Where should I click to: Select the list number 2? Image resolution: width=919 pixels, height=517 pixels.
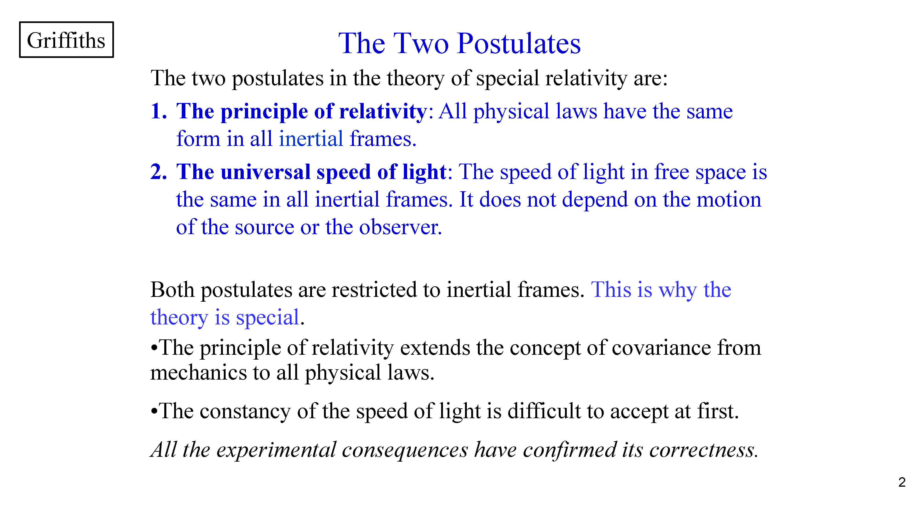coord(158,172)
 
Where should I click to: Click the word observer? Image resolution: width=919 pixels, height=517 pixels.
coord(400,227)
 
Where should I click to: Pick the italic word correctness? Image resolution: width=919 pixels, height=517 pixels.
coord(703,450)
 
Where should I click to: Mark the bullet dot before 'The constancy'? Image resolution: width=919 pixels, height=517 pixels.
coord(154,411)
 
